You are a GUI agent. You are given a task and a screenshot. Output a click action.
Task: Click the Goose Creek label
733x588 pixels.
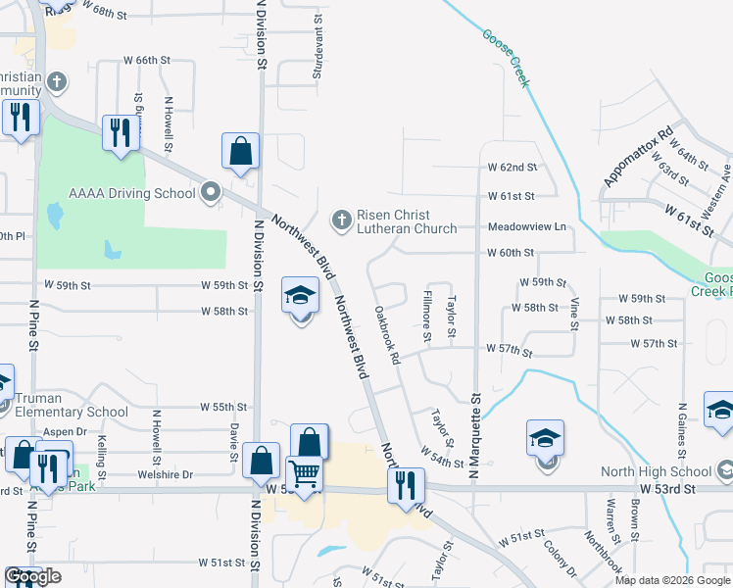click(506, 59)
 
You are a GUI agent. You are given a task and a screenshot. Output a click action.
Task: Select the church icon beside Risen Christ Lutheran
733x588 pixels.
click(342, 220)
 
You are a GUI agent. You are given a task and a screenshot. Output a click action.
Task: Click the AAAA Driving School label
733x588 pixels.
click(131, 193)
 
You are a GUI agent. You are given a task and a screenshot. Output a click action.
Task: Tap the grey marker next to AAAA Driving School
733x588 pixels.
click(209, 193)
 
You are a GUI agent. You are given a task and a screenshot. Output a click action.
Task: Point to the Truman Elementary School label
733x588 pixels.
click(72, 412)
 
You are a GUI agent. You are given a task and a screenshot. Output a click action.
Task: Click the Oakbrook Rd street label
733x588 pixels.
click(388, 336)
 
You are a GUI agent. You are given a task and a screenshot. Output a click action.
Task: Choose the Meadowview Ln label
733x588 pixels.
click(528, 227)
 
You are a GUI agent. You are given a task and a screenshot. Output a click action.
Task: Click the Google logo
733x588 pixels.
click(33, 577)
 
